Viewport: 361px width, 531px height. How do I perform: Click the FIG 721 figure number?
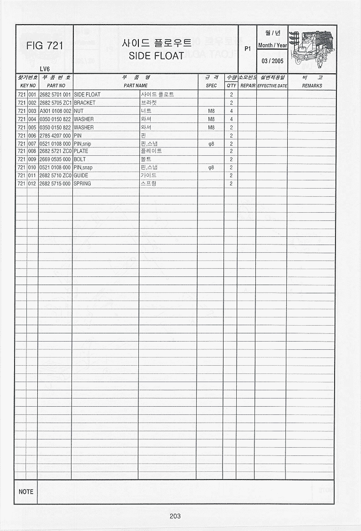(x=45, y=46)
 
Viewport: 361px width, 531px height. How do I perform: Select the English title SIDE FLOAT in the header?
(x=156, y=56)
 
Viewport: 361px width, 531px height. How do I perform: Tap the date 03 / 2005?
(x=272, y=61)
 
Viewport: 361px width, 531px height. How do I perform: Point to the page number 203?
(x=175, y=516)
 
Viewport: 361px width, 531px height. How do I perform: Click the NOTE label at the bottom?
(x=26, y=492)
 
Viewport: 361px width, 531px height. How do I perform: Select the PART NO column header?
(x=56, y=86)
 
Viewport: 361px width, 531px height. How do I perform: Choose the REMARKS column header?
(x=312, y=86)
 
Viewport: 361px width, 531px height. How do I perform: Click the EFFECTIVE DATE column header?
(x=272, y=86)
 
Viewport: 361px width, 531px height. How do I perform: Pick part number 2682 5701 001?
(x=55, y=95)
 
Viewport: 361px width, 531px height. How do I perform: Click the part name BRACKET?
(x=85, y=103)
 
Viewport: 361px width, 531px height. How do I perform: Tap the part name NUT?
(x=78, y=111)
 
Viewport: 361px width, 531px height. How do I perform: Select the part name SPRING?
(x=82, y=184)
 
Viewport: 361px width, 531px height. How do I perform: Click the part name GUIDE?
(x=81, y=175)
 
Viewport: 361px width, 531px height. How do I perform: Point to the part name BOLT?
(x=80, y=159)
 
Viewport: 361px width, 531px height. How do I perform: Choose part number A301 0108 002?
(x=55, y=111)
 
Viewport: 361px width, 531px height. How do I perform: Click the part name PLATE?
(x=81, y=151)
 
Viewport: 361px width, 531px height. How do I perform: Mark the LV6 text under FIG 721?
(x=44, y=69)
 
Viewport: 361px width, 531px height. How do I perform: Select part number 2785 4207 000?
(x=55, y=136)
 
